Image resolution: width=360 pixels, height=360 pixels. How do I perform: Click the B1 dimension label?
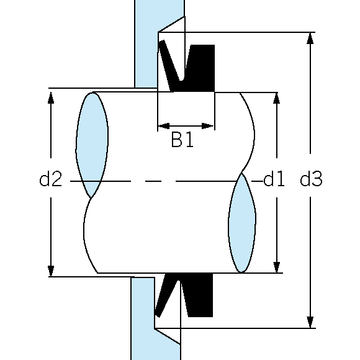pyautogui.click(x=182, y=140)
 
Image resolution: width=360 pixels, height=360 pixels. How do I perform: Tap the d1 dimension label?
pyautogui.click(x=274, y=179)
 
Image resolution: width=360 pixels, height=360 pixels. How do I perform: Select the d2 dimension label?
pyautogui.click(x=51, y=179)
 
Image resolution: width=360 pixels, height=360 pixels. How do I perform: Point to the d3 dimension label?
pyautogui.click(x=311, y=179)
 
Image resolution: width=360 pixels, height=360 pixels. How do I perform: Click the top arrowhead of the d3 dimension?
pyautogui.click(x=310, y=38)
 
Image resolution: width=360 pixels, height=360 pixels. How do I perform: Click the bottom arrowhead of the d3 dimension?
pyautogui.click(x=310, y=322)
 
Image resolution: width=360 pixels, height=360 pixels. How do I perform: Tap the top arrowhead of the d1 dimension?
pyautogui.click(x=277, y=98)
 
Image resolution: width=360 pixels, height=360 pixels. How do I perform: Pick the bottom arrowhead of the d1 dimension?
pyautogui.click(x=277, y=267)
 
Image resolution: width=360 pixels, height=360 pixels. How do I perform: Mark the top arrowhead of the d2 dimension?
pyautogui.click(x=51, y=97)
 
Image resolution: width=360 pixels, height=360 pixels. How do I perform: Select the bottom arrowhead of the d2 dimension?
pyautogui.click(x=51, y=271)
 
